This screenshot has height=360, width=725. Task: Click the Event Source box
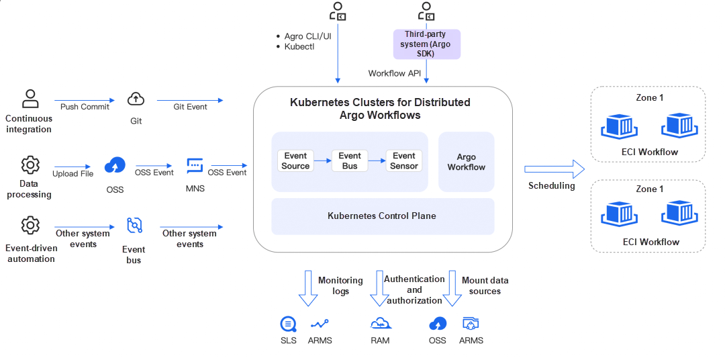[x=295, y=161]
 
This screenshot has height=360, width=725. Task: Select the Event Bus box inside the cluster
[x=350, y=161]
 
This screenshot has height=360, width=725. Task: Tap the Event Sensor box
[x=404, y=161]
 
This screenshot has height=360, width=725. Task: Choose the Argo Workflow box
[x=466, y=162]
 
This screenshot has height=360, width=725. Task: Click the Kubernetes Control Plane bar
[x=382, y=216]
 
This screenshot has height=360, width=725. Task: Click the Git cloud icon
[x=136, y=99]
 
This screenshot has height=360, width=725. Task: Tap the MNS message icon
[x=195, y=165]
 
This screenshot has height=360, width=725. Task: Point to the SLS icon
[x=288, y=324]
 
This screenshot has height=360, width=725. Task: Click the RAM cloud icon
[x=380, y=324]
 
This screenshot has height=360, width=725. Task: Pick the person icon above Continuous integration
[x=30, y=99]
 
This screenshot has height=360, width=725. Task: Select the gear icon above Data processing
[x=30, y=165]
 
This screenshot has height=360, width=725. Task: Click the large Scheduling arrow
[x=554, y=168]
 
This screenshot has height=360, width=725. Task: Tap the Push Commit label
[x=85, y=107]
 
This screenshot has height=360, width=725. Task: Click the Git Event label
[x=190, y=107]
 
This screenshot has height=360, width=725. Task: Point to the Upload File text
[x=73, y=173]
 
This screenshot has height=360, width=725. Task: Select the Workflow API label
[x=394, y=73]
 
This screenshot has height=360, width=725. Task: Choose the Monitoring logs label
[x=340, y=285]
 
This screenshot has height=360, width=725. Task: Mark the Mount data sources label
[x=485, y=285]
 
